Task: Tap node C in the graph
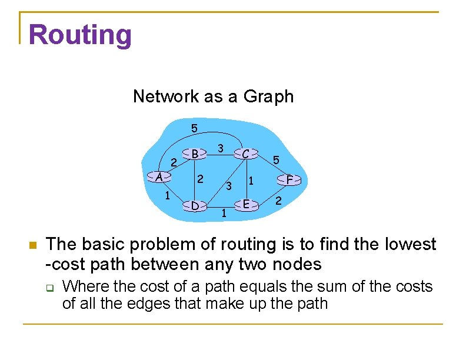(x=247, y=154)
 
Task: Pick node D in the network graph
(x=195, y=205)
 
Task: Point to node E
(x=247, y=204)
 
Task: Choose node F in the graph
(x=289, y=179)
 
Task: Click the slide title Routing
(x=80, y=34)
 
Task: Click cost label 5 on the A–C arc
(x=194, y=128)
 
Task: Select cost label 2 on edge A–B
(x=174, y=162)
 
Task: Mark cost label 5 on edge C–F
(x=276, y=159)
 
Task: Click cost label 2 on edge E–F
(x=279, y=202)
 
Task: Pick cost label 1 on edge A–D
(x=168, y=195)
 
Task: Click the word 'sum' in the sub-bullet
(x=342, y=286)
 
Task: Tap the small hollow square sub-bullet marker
(x=51, y=288)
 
